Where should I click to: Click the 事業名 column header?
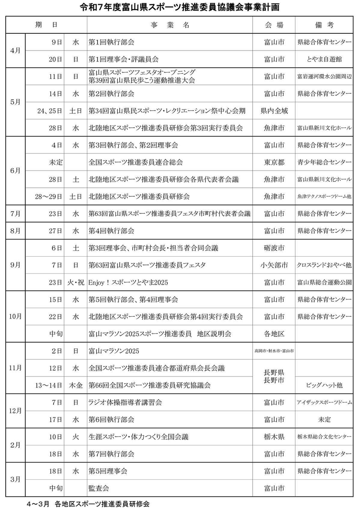point(170,25)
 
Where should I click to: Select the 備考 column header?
point(324,25)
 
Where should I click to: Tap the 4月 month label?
point(15,50)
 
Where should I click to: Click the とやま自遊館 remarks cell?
point(324,59)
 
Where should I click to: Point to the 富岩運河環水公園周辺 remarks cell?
point(324,77)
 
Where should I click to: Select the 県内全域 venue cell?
point(274,111)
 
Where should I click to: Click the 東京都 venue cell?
point(274,162)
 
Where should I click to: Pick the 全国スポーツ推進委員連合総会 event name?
point(136,162)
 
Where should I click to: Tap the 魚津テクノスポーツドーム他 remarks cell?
point(324,197)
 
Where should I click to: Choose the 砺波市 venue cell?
point(274,248)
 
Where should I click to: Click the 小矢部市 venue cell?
point(274,265)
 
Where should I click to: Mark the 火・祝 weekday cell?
point(76,282)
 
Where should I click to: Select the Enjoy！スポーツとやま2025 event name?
point(128,282)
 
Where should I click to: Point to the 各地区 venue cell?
point(274,334)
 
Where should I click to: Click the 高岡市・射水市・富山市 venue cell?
point(274,351)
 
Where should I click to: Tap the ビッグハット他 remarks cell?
point(324,385)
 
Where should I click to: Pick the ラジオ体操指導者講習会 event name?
point(125,403)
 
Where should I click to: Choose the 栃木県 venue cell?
point(274,437)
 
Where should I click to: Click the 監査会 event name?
point(99,488)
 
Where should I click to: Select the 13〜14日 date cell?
point(49,385)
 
